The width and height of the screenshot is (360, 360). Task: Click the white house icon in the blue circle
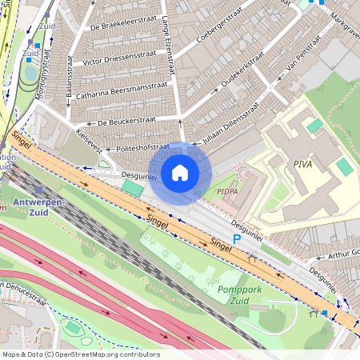(x=180, y=172)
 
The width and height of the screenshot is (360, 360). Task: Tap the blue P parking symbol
(x=236, y=239)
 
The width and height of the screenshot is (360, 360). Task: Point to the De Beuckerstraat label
(x=126, y=120)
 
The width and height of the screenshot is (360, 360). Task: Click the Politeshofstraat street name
(x=142, y=148)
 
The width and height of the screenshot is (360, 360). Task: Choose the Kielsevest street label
(x=89, y=139)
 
